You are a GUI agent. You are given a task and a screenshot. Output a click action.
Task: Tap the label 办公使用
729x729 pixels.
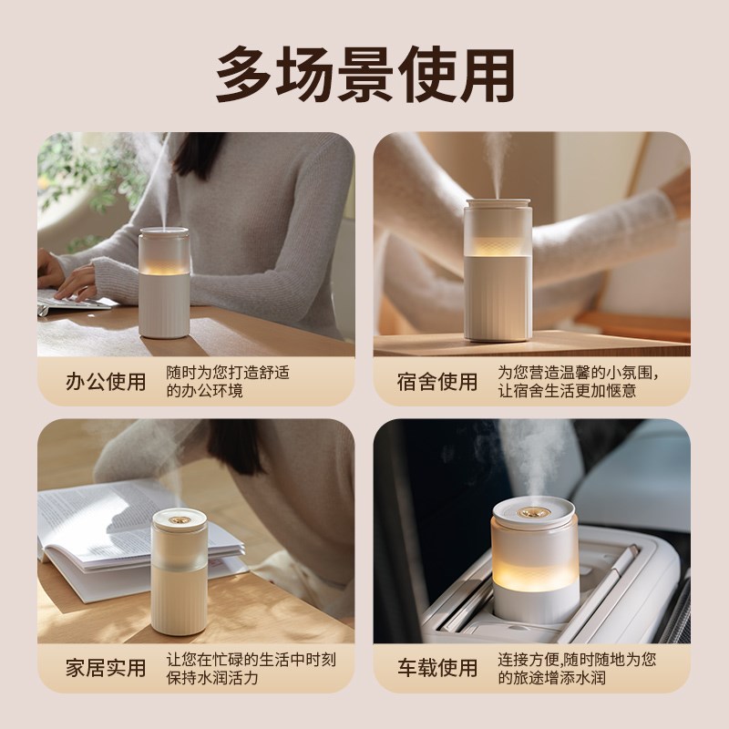coord(106,382)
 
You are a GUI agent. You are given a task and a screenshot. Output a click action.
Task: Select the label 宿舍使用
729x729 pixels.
coord(437,382)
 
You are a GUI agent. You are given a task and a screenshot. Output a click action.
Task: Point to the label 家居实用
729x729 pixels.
coord(106,668)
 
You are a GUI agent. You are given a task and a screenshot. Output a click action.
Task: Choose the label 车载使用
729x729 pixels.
coord(437,668)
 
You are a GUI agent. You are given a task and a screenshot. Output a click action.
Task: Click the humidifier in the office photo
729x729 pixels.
coord(164,282)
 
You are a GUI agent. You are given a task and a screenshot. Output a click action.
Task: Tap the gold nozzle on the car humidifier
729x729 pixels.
coord(533,505)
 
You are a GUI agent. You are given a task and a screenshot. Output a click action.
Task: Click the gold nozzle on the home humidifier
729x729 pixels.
coord(179,518)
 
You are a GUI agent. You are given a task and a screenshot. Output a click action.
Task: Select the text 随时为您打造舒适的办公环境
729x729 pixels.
coord(228,382)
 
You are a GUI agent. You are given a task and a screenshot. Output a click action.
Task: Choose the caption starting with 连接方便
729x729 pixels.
coord(577,668)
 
